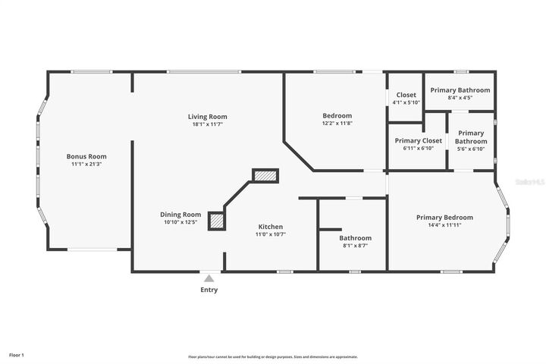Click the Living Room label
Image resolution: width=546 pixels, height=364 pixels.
[208, 117]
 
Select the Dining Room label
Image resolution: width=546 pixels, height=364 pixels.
[180, 215]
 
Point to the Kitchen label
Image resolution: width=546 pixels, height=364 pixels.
[271, 227]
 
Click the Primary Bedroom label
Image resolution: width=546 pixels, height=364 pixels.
[444, 218]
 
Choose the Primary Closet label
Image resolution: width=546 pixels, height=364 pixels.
[418, 140]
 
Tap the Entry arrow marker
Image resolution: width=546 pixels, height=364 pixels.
[209, 278]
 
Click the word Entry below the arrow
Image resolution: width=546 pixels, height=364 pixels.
[209, 290]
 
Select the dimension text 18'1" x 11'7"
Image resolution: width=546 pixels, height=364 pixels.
[208, 124]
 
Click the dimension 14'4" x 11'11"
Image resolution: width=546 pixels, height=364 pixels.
[444, 225]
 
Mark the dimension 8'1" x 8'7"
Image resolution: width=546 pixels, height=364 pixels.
[355, 246]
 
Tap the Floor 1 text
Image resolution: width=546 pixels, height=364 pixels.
[17, 355]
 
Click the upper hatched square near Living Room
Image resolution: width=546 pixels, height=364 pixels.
[266, 176]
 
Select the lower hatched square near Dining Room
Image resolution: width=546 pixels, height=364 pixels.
[217, 221]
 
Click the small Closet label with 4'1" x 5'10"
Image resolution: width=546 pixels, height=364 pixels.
[406, 95]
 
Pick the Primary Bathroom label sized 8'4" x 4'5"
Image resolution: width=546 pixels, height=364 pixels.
[460, 90]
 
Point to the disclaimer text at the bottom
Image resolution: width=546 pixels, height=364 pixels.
[273, 356]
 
